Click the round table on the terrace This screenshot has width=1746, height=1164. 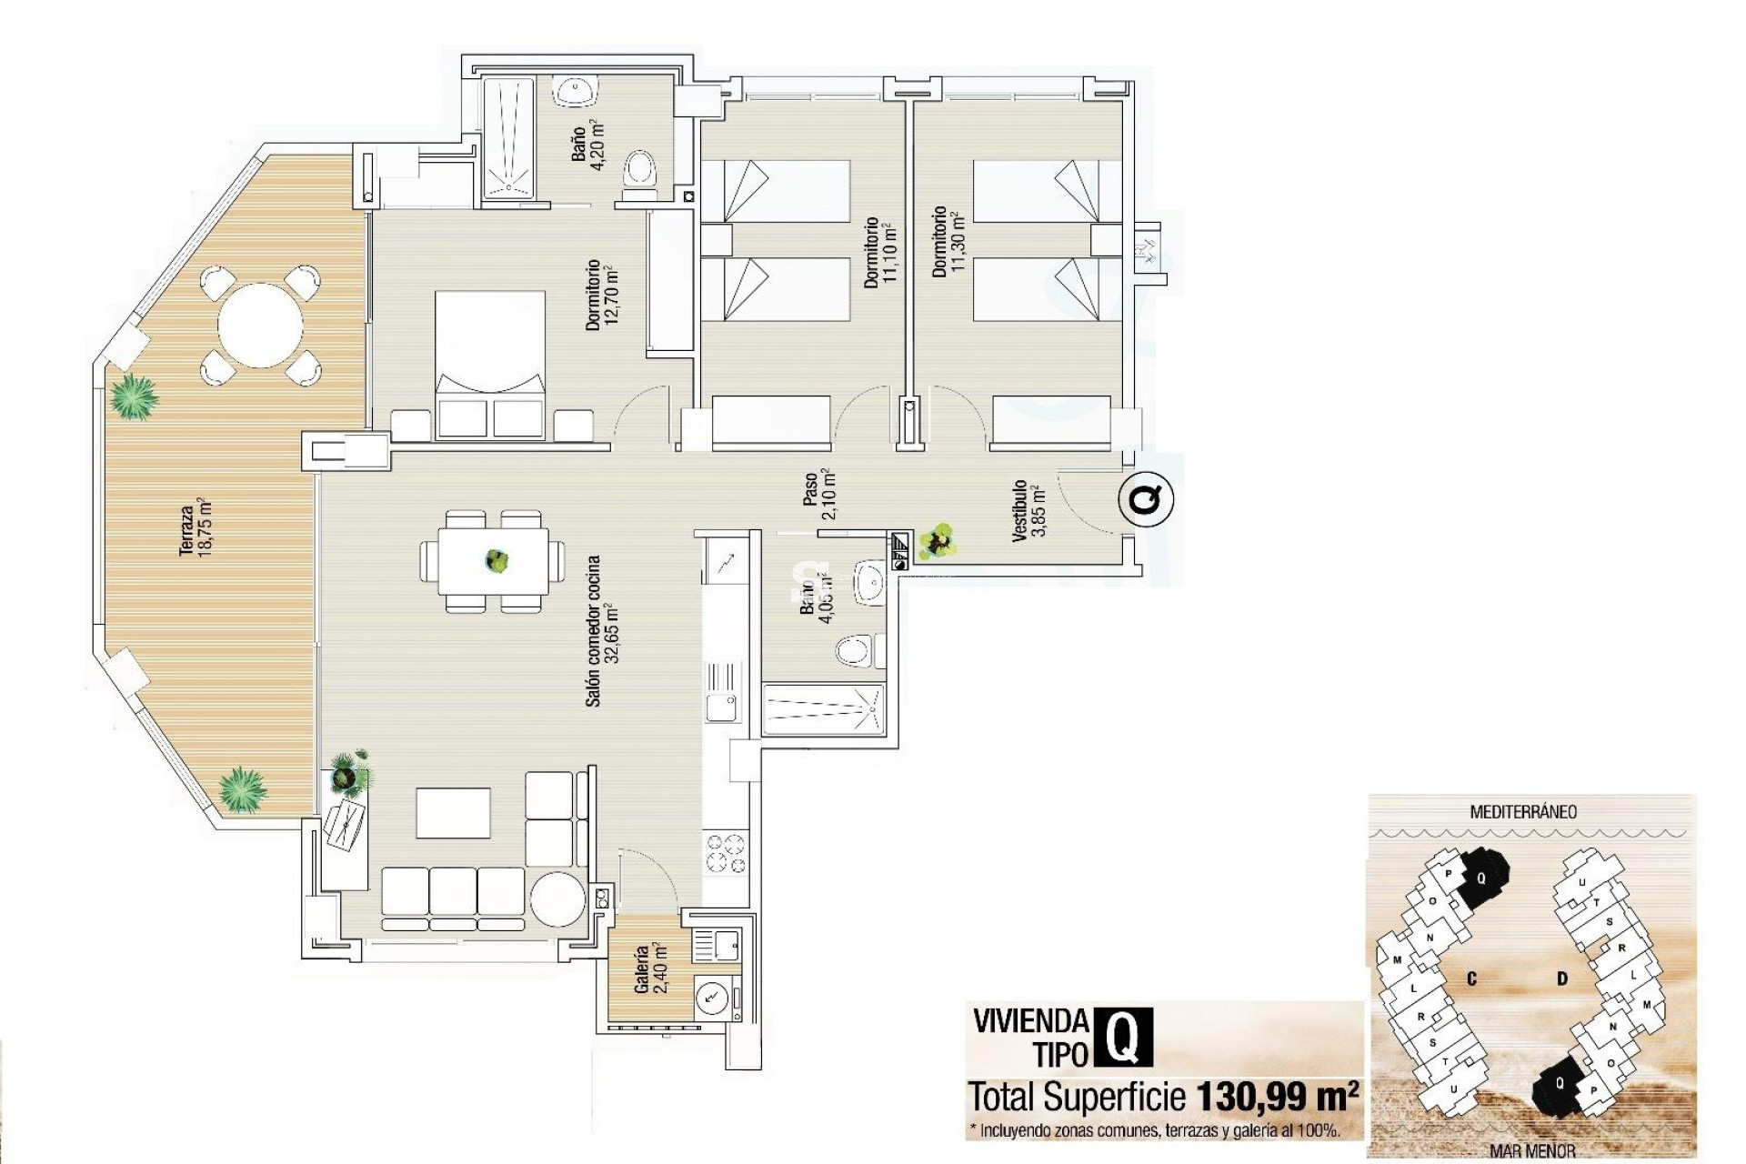(x=260, y=325)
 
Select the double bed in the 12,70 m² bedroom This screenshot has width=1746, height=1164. (x=490, y=364)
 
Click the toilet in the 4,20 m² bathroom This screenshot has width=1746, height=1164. (x=640, y=172)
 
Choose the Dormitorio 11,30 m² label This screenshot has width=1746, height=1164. (x=947, y=242)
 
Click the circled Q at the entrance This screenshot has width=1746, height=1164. (x=1146, y=499)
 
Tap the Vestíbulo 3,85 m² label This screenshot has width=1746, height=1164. (x=1029, y=510)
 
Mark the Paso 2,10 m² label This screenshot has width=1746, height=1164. (x=818, y=494)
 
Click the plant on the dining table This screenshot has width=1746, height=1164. (x=497, y=560)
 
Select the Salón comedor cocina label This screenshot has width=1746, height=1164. (x=601, y=631)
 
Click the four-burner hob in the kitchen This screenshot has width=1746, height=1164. (x=725, y=854)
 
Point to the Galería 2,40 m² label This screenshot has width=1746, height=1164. (x=650, y=969)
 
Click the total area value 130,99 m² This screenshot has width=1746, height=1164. (x=1277, y=1098)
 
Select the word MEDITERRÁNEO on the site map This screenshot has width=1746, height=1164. (x=1523, y=812)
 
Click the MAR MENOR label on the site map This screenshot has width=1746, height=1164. (x=1532, y=1151)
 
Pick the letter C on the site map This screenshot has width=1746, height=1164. (x=1471, y=979)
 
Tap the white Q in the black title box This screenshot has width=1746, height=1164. (x=1123, y=1037)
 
